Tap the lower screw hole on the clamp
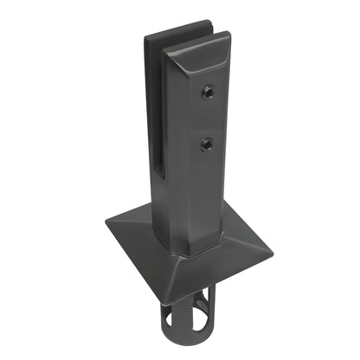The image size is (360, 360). [206, 142]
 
